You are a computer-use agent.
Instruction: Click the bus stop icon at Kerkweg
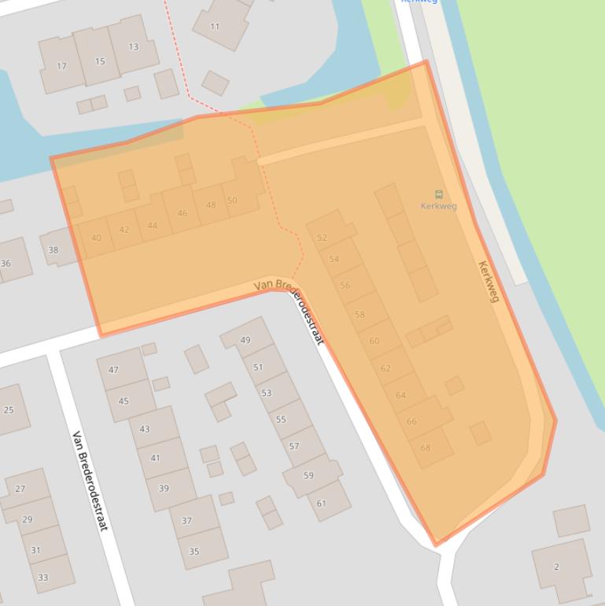[x=438, y=194]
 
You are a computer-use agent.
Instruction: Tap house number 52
[x=322, y=238]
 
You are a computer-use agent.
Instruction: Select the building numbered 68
[x=426, y=448]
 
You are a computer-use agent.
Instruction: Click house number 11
[x=215, y=26]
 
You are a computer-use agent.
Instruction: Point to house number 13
[x=134, y=46]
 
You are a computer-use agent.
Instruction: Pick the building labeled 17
[x=61, y=66]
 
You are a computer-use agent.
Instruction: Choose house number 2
[x=557, y=567]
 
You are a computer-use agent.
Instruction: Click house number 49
[x=245, y=340]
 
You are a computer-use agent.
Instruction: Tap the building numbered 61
[x=321, y=504]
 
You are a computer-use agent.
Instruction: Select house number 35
[x=194, y=551]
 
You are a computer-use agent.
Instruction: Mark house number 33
[x=43, y=577]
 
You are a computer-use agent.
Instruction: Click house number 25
[x=9, y=409]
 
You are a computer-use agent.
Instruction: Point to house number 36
[x=6, y=263]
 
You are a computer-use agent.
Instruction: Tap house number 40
[x=96, y=238]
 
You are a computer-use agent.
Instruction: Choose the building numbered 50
[x=232, y=201]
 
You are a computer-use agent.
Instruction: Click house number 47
[x=113, y=370]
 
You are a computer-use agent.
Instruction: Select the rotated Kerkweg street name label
[x=489, y=281]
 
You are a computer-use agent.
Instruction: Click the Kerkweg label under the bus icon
[x=438, y=206]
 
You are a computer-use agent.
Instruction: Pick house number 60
[x=374, y=341]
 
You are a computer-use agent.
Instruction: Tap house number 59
[x=308, y=475]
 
